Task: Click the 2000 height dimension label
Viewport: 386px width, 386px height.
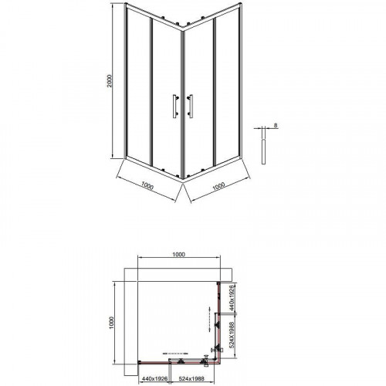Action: tap(110, 81)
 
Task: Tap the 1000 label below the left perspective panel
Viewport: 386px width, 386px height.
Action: tap(147, 185)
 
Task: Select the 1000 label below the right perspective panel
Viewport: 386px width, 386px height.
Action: tap(218, 186)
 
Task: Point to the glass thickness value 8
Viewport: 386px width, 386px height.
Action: tap(276, 126)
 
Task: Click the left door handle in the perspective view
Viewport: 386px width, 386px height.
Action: tap(175, 107)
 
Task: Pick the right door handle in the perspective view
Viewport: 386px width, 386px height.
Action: tap(190, 107)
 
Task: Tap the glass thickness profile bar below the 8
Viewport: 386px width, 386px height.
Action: tap(263, 151)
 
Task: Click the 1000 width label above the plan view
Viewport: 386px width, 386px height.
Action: tap(178, 255)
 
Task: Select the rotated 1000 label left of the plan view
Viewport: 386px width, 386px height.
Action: tap(111, 323)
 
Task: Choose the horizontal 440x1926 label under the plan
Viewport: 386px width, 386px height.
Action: tap(155, 378)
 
